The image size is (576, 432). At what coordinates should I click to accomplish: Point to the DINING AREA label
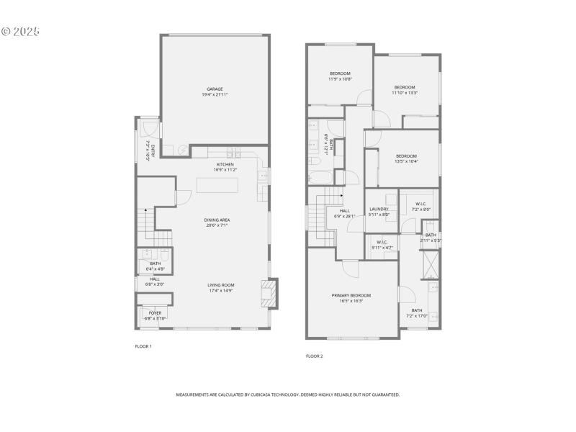216,222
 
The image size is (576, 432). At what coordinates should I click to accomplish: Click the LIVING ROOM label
221,288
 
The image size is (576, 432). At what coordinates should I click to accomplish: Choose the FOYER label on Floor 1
155,315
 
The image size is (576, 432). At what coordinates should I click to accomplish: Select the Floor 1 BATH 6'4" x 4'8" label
156,266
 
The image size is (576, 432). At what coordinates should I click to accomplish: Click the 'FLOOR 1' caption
143,346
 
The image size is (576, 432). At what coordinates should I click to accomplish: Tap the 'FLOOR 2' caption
314,356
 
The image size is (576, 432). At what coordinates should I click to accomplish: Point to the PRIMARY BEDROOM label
351,298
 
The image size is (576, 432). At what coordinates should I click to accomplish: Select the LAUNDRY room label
379,211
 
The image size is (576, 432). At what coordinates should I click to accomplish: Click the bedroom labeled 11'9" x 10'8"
340,76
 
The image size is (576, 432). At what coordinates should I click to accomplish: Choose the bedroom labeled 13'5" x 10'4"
406,158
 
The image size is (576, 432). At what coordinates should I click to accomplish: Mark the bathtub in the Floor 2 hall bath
320,177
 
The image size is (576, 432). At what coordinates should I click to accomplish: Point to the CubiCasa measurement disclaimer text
288,395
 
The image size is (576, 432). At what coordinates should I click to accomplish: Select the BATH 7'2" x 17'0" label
417,312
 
